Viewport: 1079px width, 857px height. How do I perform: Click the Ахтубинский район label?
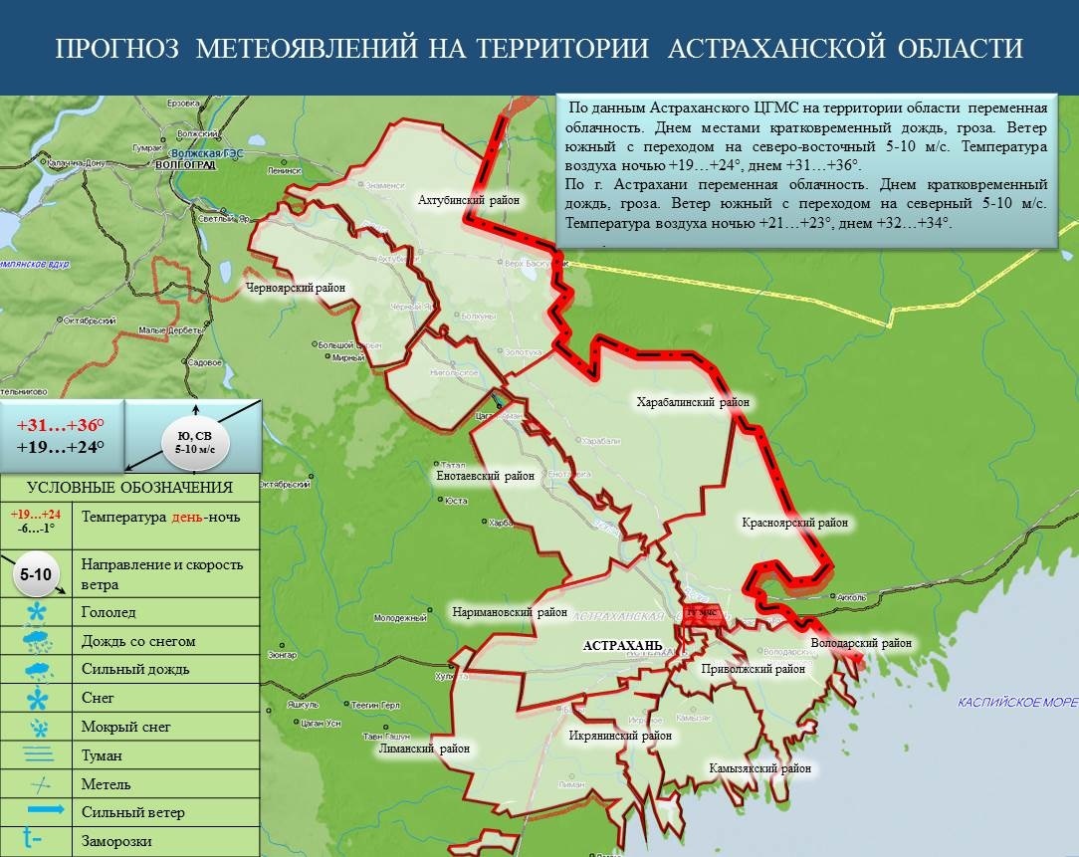[469, 200]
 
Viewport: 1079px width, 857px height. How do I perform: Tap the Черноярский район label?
[295, 288]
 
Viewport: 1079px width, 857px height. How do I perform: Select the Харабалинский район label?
[693, 403]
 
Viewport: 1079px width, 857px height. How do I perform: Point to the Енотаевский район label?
[486, 476]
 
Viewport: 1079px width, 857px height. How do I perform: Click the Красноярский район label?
[793, 522]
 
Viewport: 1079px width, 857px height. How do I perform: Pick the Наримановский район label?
[509, 612]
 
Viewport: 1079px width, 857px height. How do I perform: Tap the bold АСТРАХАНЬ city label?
[622, 646]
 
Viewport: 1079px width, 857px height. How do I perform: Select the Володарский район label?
[861, 644]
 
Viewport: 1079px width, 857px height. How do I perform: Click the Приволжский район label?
[753, 669]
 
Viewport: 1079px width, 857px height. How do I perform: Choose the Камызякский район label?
[759, 768]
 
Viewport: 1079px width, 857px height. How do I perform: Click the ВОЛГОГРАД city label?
[185, 165]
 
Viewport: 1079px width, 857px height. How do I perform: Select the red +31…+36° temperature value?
[61, 423]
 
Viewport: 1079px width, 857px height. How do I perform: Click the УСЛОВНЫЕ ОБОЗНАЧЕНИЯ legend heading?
[129, 487]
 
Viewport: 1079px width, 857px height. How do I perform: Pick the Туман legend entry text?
[103, 755]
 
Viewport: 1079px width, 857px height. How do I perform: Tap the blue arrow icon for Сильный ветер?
[39, 811]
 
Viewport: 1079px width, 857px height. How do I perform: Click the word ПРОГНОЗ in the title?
[117, 48]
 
